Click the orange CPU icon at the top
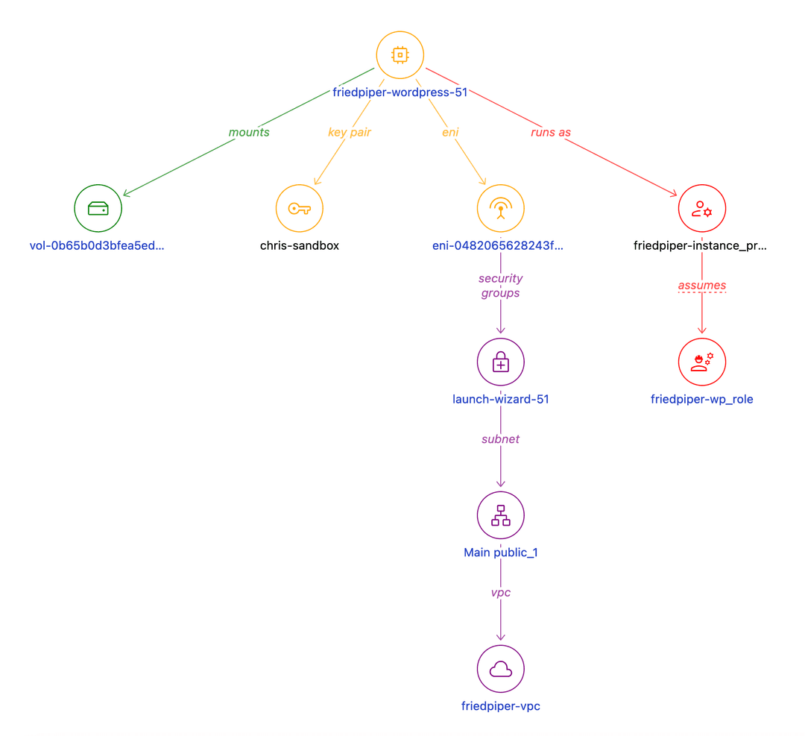pos(400,55)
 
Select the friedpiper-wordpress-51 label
pos(400,92)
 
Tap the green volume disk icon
pos(98,208)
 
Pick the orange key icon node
pos(300,208)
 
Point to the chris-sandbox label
pos(300,245)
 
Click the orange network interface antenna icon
pos(501,208)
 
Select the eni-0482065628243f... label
pos(498,245)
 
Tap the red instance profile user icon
pos(702,208)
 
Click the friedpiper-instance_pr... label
pos(699,245)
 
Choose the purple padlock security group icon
pos(501,362)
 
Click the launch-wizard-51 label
pos(501,399)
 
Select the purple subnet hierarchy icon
pos(501,515)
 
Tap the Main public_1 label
pos(501,553)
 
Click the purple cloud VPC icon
pos(501,669)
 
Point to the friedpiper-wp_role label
pos(702,399)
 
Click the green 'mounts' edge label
pos(249,132)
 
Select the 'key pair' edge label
pos(350,132)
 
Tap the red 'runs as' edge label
pos(551,132)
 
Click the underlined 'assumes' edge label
pos(702,286)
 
